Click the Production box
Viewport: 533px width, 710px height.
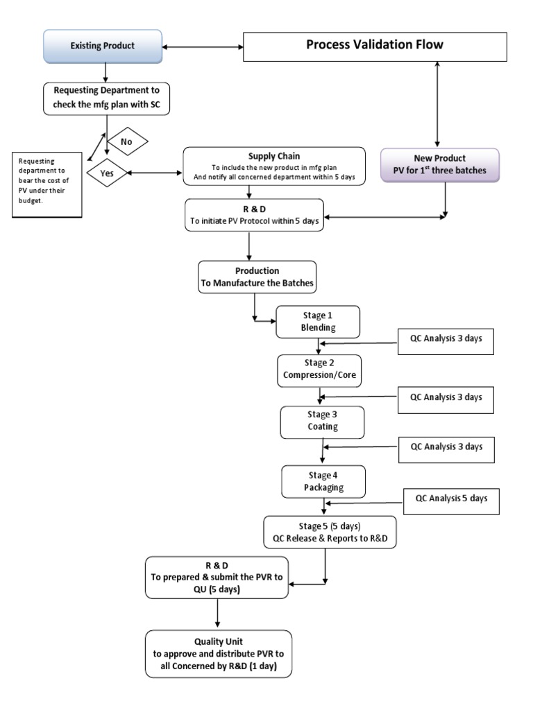[x=257, y=277]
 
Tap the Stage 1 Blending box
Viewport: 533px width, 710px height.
[x=318, y=321]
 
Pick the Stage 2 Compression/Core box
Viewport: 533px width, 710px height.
[x=319, y=371]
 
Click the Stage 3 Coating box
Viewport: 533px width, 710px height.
[x=321, y=421]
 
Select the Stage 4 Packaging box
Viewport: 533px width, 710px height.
[x=323, y=480]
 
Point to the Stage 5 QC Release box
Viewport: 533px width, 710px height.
[x=330, y=532]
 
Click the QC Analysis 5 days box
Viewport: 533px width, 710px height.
[x=452, y=499]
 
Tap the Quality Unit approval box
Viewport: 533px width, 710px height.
[x=219, y=654]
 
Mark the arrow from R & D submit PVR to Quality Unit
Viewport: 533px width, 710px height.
[x=218, y=612]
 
